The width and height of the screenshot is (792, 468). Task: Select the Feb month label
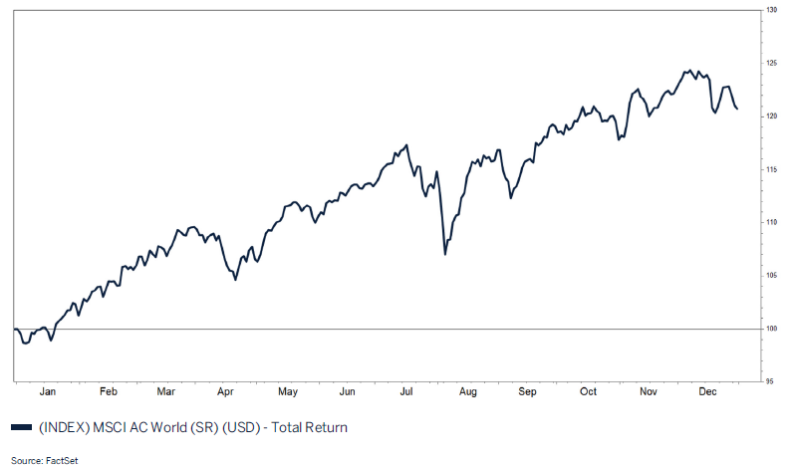click(109, 392)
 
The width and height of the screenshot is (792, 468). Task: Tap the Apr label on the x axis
click(225, 392)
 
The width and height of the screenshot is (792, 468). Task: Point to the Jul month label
click(407, 392)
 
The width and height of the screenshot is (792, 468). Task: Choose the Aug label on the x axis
click(467, 392)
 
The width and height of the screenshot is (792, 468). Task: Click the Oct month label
click(589, 392)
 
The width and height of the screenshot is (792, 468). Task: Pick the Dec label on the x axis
click(708, 392)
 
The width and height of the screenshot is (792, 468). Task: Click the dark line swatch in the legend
click(21, 428)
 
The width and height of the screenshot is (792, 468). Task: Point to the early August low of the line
click(444, 255)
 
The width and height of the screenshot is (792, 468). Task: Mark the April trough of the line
click(235, 279)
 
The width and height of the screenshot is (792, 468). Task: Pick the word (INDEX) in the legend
click(61, 428)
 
